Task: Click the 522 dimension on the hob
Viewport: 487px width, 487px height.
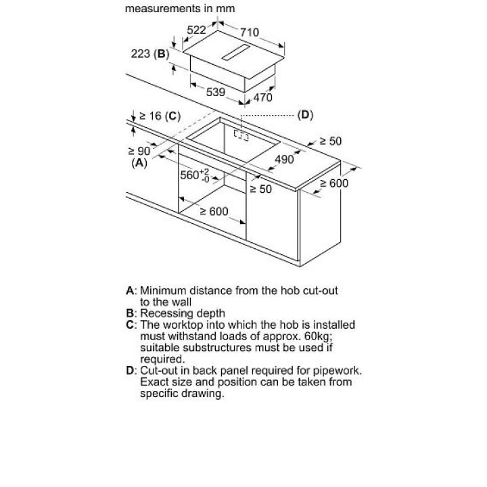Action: point(196,30)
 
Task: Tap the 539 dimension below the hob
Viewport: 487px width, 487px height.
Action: point(215,92)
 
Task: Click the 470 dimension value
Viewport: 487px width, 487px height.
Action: point(262,97)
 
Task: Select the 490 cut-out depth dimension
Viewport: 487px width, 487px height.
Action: point(283,159)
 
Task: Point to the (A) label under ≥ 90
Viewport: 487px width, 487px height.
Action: point(139,163)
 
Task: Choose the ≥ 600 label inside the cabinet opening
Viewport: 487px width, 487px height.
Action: point(214,212)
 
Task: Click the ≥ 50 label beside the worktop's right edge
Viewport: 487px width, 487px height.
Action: point(331,141)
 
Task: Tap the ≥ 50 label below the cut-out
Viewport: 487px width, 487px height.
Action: point(260,189)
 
